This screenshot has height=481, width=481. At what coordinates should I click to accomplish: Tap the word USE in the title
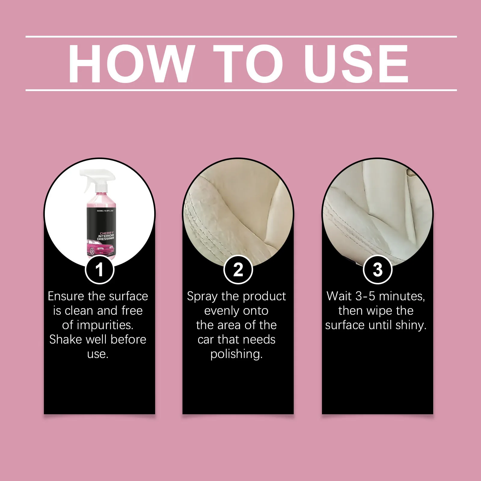click(356, 63)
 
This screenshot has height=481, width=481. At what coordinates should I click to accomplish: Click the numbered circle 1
click(100, 269)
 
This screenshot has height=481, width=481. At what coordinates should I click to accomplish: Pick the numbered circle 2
click(238, 269)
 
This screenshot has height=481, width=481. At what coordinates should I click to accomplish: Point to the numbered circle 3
click(378, 269)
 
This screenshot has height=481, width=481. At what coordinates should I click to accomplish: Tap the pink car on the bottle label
click(101, 248)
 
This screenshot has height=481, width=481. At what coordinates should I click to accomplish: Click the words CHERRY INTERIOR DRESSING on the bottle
click(106, 236)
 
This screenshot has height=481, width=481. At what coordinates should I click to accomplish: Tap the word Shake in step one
click(66, 339)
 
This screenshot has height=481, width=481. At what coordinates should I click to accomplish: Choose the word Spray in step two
click(202, 297)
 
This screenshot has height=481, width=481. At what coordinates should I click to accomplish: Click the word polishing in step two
click(236, 354)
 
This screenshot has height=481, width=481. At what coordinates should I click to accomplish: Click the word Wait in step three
click(339, 296)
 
